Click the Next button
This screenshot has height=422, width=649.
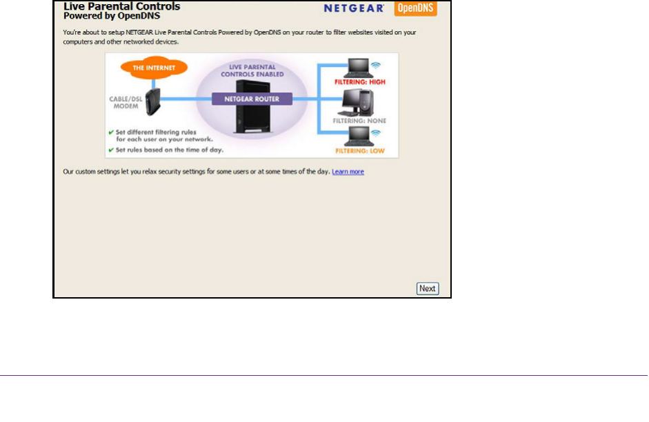[x=428, y=288]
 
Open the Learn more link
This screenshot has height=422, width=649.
[x=348, y=172]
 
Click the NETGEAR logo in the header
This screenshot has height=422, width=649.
[x=352, y=9]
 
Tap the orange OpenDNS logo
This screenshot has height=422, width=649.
[x=415, y=9]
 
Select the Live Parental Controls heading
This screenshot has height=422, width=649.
[x=121, y=7]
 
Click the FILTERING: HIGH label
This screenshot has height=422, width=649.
[x=360, y=82]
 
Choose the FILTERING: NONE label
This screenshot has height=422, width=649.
[x=360, y=121]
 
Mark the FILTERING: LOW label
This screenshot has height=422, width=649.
[x=360, y=150]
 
